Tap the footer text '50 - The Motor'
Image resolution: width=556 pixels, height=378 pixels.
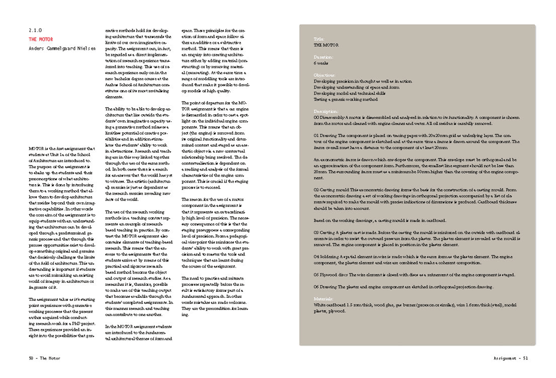point(47,358)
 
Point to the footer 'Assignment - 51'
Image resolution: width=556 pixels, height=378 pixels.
point(506,358)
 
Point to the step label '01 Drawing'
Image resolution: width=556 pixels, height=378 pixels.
point(325,136)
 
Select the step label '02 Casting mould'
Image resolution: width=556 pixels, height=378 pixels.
point(332,189)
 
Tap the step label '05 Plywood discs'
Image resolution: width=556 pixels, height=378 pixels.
point(332,274)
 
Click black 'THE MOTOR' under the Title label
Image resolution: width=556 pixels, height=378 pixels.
point(326,45)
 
